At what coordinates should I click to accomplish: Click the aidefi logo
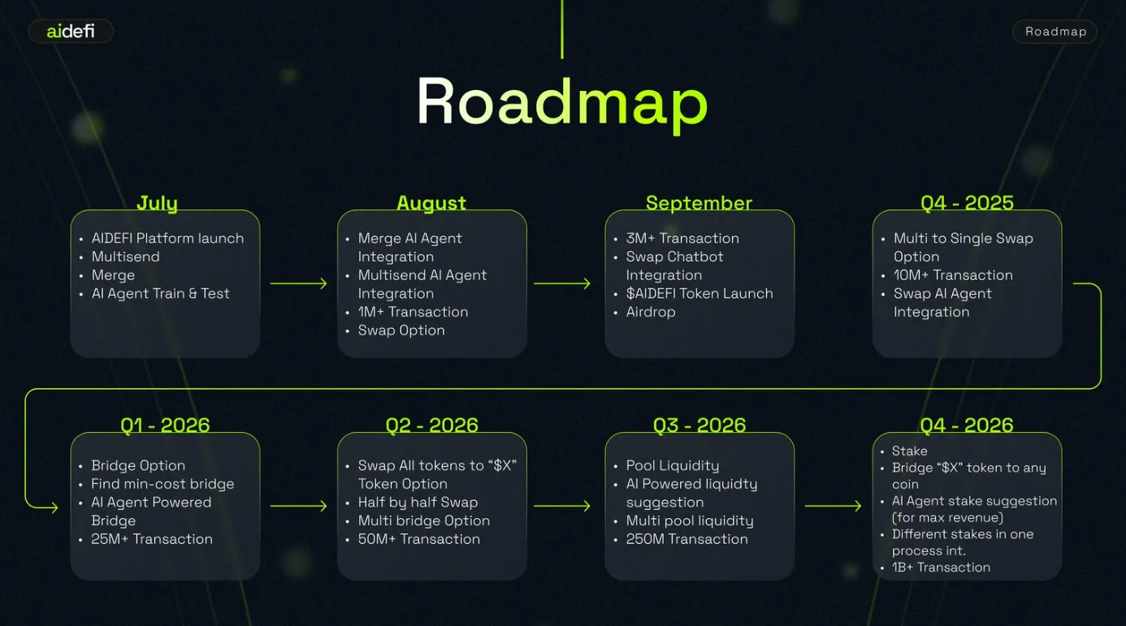(x=71, y=31)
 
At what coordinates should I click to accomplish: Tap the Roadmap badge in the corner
(x=1055, y=32)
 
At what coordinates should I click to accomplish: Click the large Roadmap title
(x=562, y=104)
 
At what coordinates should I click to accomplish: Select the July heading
(x=158, y=203)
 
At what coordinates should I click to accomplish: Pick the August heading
(x=431, y=203)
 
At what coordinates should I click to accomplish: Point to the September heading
(x=699, y=203)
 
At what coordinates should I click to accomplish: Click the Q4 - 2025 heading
(x=967, y=203)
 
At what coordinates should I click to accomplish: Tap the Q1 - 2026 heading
(x=165, y=425)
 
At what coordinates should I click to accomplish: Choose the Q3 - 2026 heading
(x=699, y=425)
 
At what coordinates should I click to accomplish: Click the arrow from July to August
(x=299, y=284)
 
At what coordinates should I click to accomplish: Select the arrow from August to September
(x=562, y=284)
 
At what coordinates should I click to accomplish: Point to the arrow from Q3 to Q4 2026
(x=833, y=506)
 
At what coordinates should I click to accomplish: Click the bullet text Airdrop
(x=651, y=312)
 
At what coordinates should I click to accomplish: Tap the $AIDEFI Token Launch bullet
(x=699, y=293)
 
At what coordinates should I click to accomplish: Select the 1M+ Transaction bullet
(x=413, y=312)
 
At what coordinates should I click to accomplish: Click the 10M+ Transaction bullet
(x=953, y=275)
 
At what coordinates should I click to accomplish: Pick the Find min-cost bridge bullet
(x=162, y=484)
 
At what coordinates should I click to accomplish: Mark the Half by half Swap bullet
(x=418, y=503)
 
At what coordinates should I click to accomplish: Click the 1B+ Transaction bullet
(x=941, y=568)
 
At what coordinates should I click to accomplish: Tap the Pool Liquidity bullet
(x=672, y=466)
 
